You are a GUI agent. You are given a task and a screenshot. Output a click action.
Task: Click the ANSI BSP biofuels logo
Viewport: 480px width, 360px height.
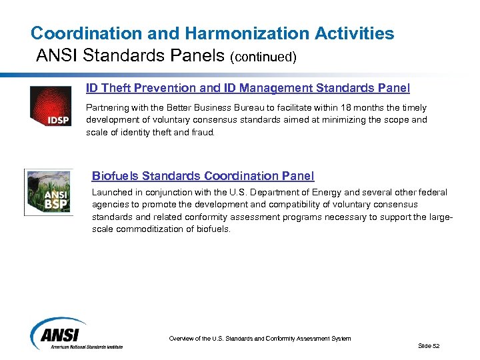48,192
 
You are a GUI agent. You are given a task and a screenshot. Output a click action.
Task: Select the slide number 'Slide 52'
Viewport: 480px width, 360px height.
429,345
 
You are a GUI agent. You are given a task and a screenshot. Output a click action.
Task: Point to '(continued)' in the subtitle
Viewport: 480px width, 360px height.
263,57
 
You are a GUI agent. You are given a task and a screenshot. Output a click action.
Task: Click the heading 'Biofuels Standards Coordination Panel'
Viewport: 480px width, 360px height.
203,176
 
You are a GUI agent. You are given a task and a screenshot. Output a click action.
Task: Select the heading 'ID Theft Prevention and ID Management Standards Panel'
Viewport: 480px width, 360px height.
248,88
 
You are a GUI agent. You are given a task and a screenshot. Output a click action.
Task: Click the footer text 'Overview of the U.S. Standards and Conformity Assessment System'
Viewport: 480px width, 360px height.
260,339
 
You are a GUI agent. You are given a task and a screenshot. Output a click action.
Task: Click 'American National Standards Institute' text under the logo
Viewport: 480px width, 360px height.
83,346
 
